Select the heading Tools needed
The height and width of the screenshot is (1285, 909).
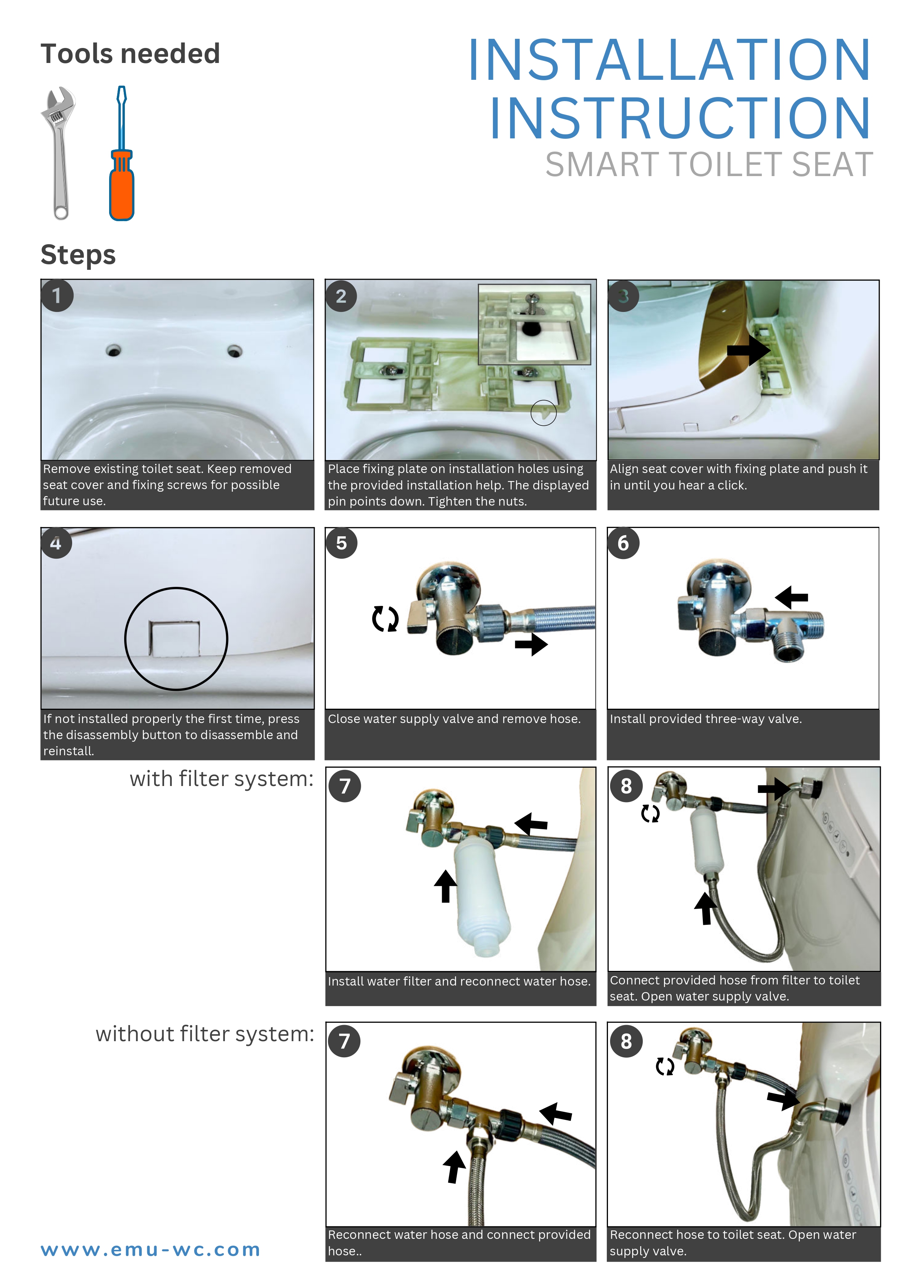click(130, 54)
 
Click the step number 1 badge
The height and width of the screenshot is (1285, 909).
click(56, 295)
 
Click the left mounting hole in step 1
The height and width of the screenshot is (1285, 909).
click(114, 351)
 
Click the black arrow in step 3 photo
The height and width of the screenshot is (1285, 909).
click(748, 350)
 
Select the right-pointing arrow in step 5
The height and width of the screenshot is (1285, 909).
click(531, 644)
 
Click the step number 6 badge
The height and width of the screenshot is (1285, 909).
click(623, 543)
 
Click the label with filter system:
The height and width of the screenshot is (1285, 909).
click(222, 778)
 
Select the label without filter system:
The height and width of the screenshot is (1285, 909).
click(205, 1034)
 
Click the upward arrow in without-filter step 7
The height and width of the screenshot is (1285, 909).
click(454, 1167)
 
